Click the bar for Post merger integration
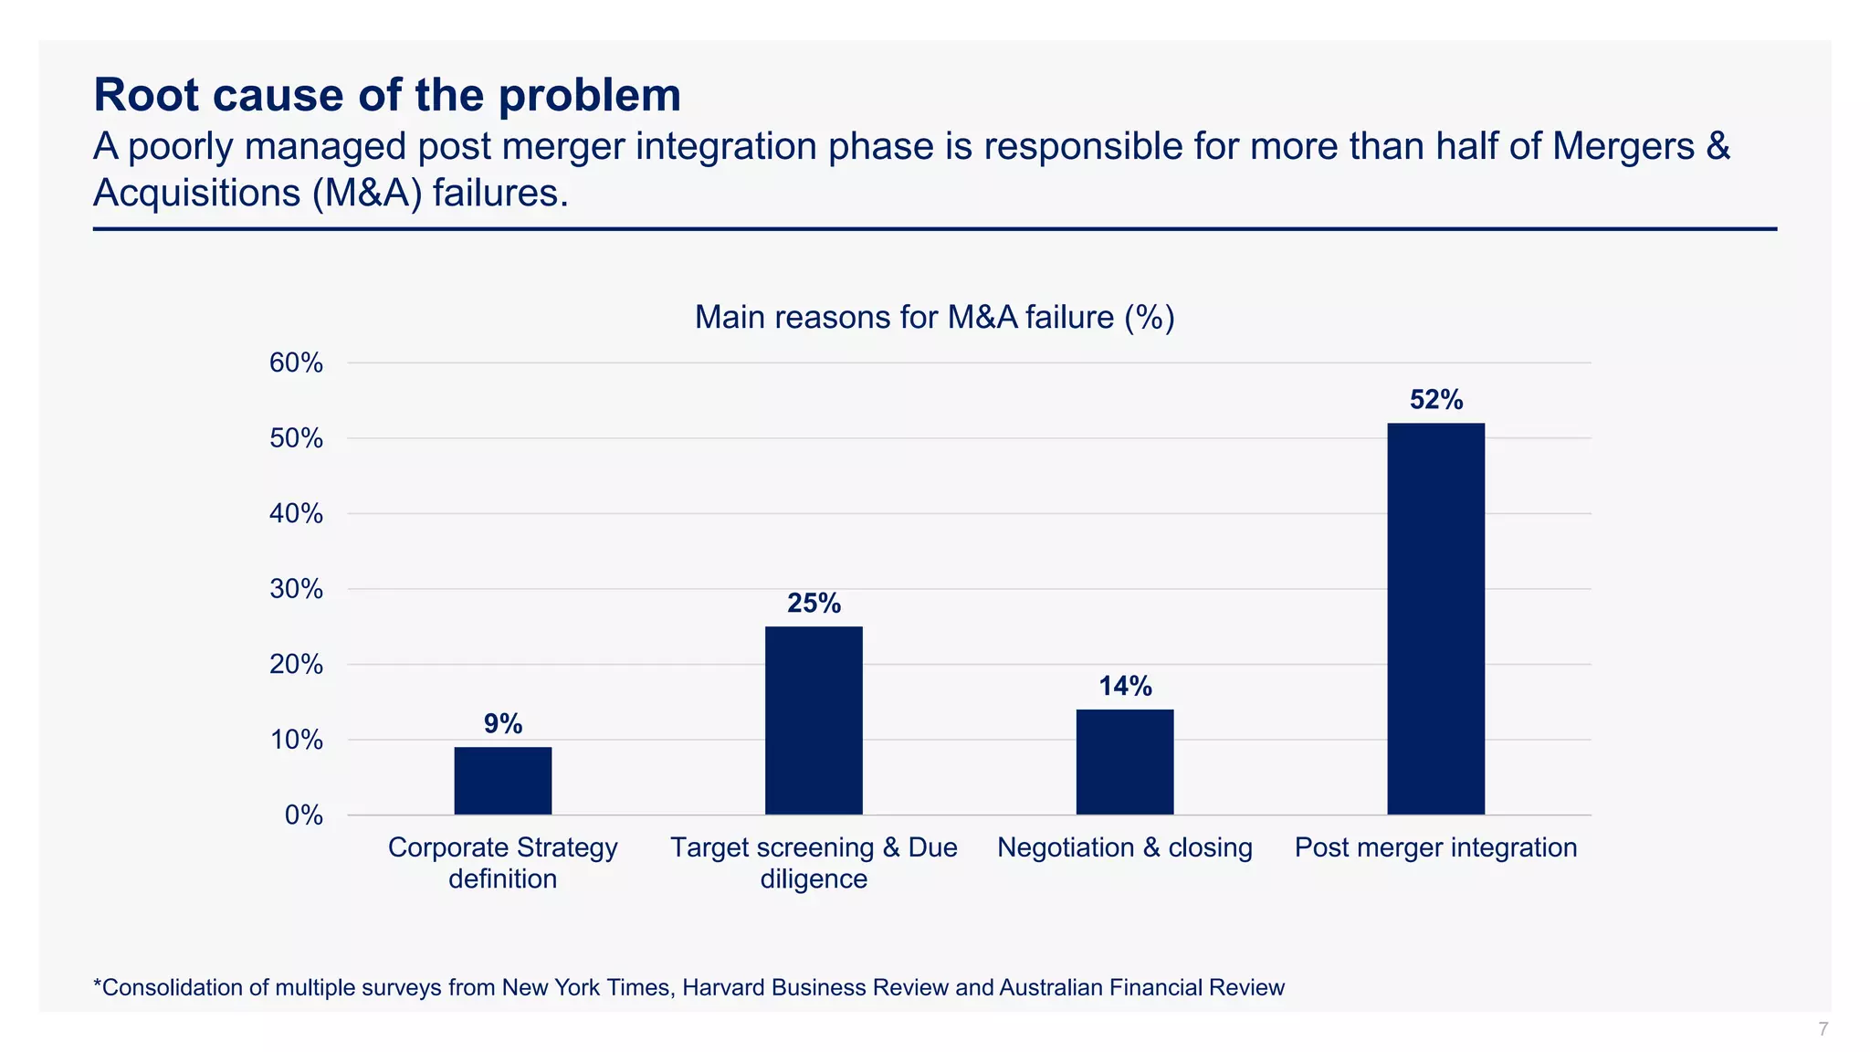pyautogui.click(x=1435, y=618)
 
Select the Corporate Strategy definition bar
pyautogui.click(x=502, y=781)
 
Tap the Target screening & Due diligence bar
pyautogui.click(x=814, y=721)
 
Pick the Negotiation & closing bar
pyautogui.click(x=1124, y=762)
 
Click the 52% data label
pyautogui.click(x=1436, y=400)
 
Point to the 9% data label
pyautogui.click(x=503, y=724)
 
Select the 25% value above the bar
pyautogui.click(x=814, y=604)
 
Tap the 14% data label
pyautogui.click(x=1125, y=687)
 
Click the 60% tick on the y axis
pyautogui.click(x=296, y=363)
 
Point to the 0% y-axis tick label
pyautogui.click(x=303, y=815)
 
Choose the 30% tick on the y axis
pyautogui.click(x=296, y=589)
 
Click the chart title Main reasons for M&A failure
pyautogui.click(x=934, y=318)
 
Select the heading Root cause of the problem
pyautogui.click(x=387, y=95)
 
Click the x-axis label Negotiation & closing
pyautogui.click(x=1124, y=847)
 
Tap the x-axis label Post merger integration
pyautogui.click(x=1435, y=847)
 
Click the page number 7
pyautogui.click(x=1823, y=1029)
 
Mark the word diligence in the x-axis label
pyautogui.click(x=814, y=878)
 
